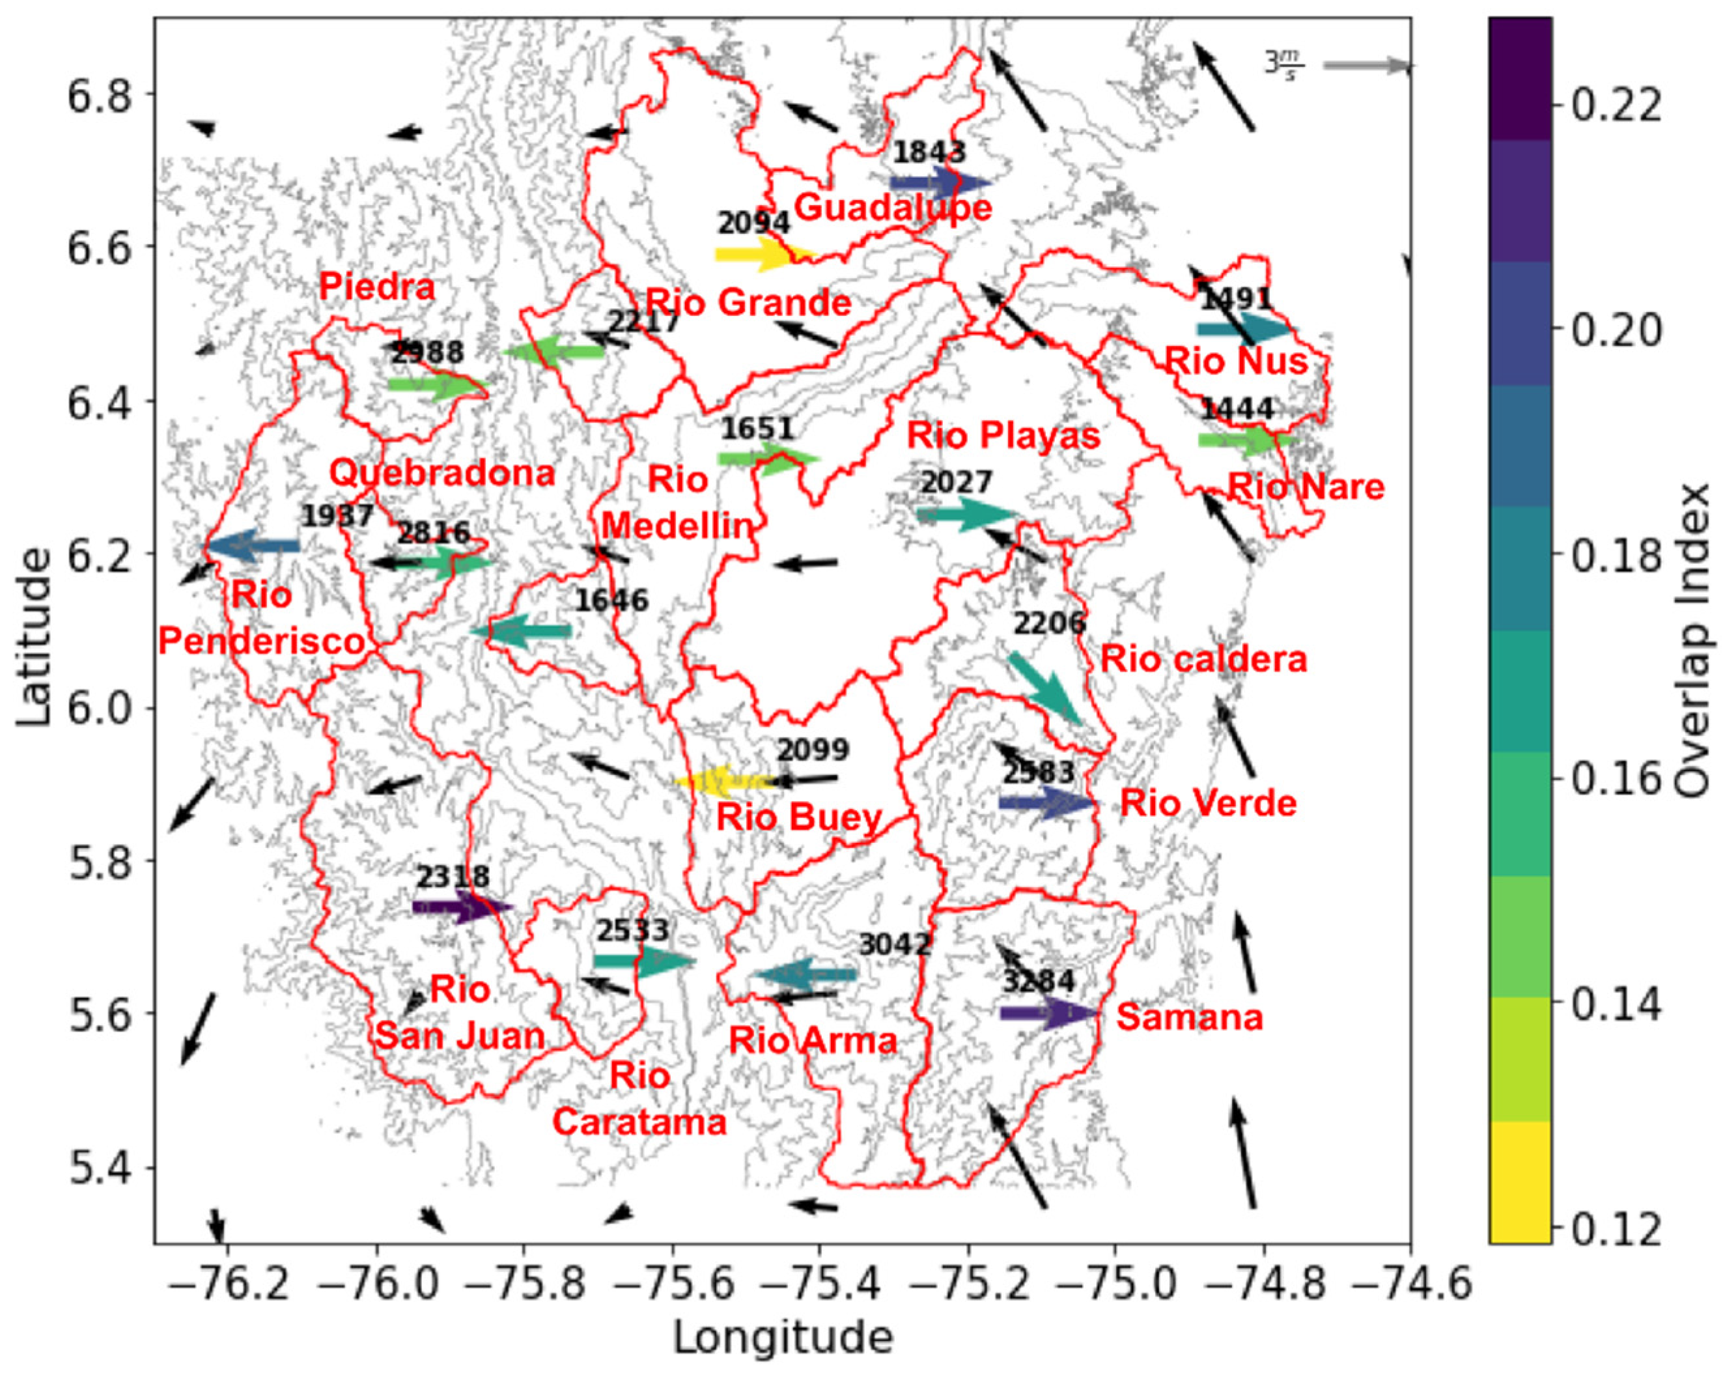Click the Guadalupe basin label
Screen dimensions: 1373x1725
pyautogui.click(x=893, y=208)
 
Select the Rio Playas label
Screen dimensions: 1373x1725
pyautogui.click(x=1003, y=436)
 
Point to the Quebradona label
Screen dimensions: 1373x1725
pyautogui.click(x=442, y=474)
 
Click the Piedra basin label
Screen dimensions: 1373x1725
pyautogui.click(x=377, y=287)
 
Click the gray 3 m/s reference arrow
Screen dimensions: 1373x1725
pyautogui.click(x=1367, y=66)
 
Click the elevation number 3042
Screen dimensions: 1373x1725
pyautogui.click(x=895, y=945)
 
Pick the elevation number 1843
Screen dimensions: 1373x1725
pyautogui.click(x=929, y=152)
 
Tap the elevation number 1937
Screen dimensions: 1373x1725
pyautogui.click(x=337, y=516)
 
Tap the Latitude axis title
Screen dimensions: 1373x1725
pyautogui.click(x=34, y=636)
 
